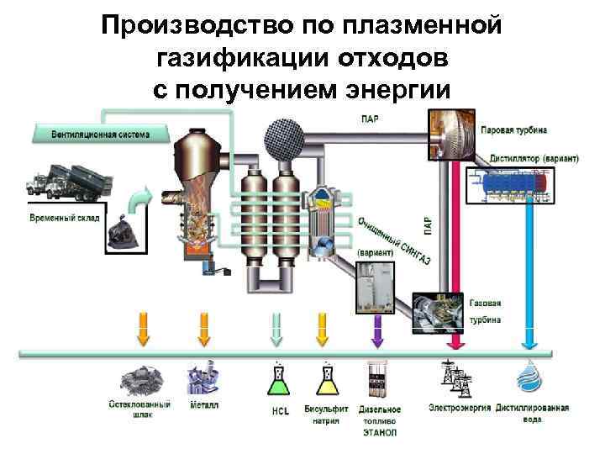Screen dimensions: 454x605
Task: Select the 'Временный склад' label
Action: [x=66, y=218]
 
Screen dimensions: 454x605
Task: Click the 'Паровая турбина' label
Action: [x=513, y=130]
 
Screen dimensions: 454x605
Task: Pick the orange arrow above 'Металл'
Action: [x=203, y=328]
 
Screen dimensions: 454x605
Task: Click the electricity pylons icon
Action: [x=455, y=378]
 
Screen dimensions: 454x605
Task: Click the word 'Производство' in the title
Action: [x=193, y=26]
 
